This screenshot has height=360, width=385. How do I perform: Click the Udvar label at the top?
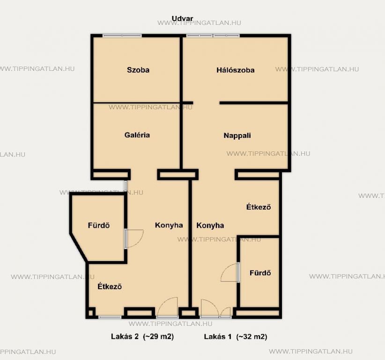[182, 19]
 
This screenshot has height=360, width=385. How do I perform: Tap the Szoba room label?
[138, 70]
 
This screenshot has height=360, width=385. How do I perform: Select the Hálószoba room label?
[235, 70]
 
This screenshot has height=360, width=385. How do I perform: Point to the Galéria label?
[137, 135]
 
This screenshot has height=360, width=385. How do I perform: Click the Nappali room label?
[237, 135]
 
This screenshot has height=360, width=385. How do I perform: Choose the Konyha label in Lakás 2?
[169, 225]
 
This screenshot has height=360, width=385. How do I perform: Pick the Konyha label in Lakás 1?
[210, 225]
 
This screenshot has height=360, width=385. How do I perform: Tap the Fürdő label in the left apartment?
[99, 225]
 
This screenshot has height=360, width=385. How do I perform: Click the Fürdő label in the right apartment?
[260, 273]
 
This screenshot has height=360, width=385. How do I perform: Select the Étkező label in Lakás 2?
[110, 286]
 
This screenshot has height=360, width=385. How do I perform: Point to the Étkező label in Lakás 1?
[259, 207]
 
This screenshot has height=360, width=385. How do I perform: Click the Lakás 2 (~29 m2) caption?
[142, 337]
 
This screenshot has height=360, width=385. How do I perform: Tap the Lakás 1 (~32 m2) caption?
[236, 337]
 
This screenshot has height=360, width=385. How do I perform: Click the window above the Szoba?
[122, 36]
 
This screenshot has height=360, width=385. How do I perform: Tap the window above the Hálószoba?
[213, 36]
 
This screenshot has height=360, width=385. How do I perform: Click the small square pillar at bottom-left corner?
[90, 313]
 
